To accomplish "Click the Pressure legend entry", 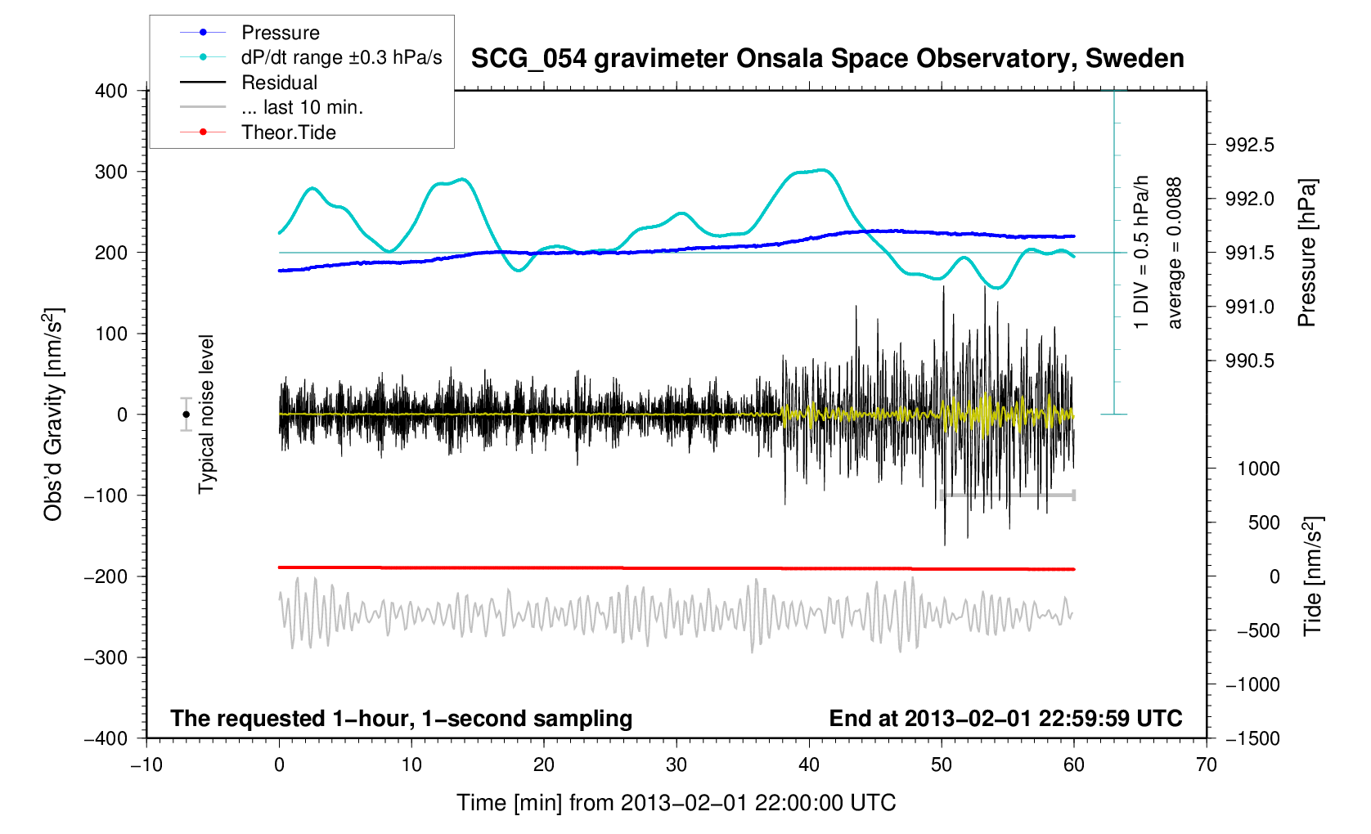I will [x=280, y=33].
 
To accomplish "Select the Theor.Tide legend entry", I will [x=288, y=132].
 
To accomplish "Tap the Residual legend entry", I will [x=279, y=83].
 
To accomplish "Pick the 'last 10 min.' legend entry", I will [x=302, y=107].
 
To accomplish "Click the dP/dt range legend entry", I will [x=341, y=57].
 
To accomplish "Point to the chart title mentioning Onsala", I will [x=827, y=59].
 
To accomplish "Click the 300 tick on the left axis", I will [x=111, y=172].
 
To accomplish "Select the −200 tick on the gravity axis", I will [x=106, y=576].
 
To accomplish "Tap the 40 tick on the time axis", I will [x=809, y=765].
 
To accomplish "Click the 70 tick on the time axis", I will [x=1206, y=765].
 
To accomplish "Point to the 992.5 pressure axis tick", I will [x=1249, y=146].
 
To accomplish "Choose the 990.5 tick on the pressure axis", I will [x=1249, y=361].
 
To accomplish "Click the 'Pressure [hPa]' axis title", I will [x=1307, y=253].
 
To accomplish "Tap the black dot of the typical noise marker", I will [x=187, y=415].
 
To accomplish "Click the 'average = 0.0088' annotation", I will [x=1175, y=253].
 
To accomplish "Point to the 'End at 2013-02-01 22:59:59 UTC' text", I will [x=1005, y=719].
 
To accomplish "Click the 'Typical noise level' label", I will [x=206, y=415].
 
